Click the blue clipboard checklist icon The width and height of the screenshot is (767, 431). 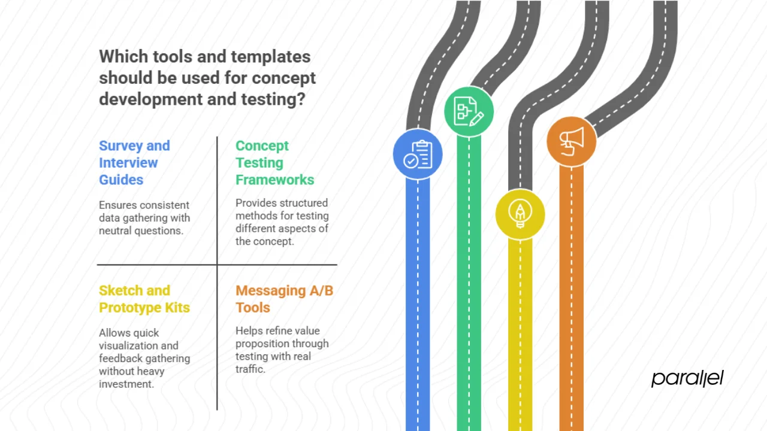[x=418, y=154]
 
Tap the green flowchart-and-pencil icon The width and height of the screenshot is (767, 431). [x=469, y=111]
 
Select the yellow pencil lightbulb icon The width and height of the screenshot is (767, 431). [x=520, y=214]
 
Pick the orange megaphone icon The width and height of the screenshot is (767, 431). [x=571, y=141]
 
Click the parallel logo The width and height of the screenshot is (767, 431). [x=687, y=378]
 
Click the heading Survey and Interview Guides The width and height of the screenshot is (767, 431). [x=134, y=163]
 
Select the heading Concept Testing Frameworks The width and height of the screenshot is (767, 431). [x=274, y=163]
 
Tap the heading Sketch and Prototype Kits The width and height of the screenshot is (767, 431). [x=144, y=299]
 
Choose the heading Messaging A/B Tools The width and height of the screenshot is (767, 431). [x=284, y=299]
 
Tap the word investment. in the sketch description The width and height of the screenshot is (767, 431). [x=126, y=384]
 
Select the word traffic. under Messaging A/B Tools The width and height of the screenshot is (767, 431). [x=250, y=369]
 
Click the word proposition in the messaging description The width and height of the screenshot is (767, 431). [x=282, y=344]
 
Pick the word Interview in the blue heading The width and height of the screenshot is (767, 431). [x=128, y=163]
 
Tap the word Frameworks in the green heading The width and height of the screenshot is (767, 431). [x=274, y=180]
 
